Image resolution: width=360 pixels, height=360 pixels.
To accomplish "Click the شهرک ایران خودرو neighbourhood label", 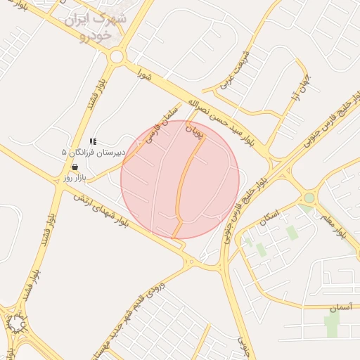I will (x=96, y=25).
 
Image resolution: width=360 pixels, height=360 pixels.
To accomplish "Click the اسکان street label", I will (x=269, y=217).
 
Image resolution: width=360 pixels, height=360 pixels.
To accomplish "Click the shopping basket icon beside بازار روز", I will (x=75, y=167).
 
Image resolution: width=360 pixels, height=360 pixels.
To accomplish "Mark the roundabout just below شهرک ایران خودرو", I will (x=117, y=57).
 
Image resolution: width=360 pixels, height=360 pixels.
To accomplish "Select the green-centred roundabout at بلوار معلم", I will (x=309, y=198).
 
